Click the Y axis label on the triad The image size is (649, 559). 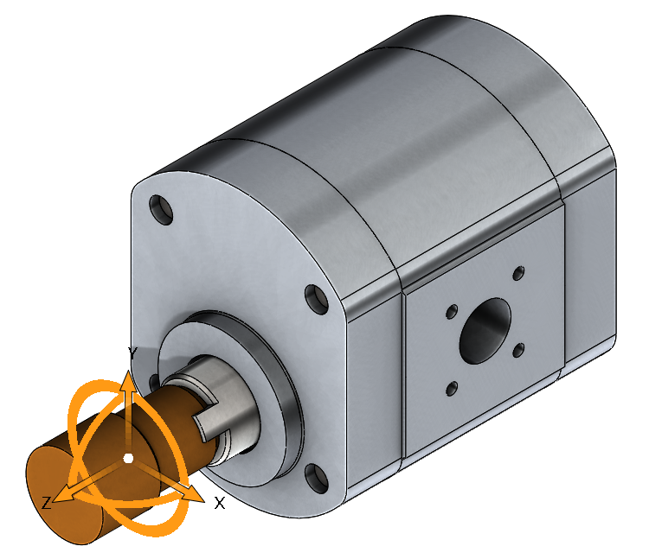(x=132, y=353)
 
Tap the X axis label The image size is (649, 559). (x=220, y=503)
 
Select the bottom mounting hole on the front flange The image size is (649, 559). (x=313, y=476)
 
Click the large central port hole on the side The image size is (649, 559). (x=485, y=332)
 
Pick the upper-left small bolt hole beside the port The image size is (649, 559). (x=450, y=310)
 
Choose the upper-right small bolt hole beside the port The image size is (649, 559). (x=518, y=274)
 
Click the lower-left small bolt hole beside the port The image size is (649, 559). (x=451, y=388)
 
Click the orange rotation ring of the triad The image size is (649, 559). (x=87, y=406)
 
